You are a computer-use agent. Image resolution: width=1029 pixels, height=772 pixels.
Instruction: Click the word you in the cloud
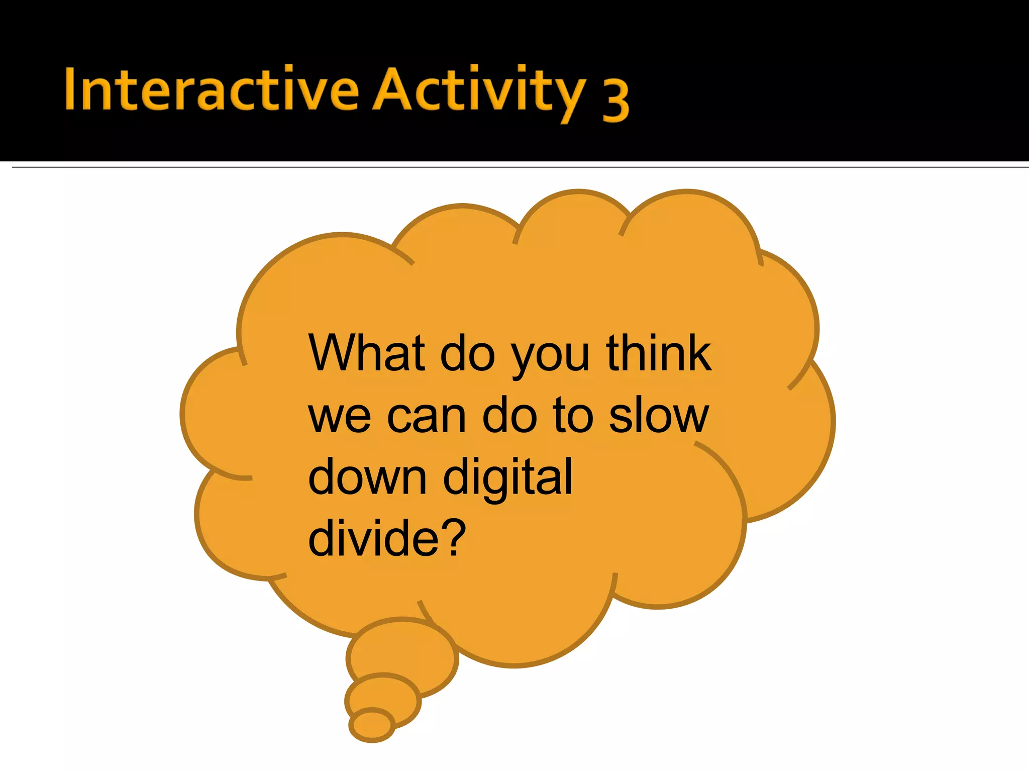(x=550, y=358)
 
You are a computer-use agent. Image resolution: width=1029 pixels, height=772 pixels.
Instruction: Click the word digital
(x=507, y=477)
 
